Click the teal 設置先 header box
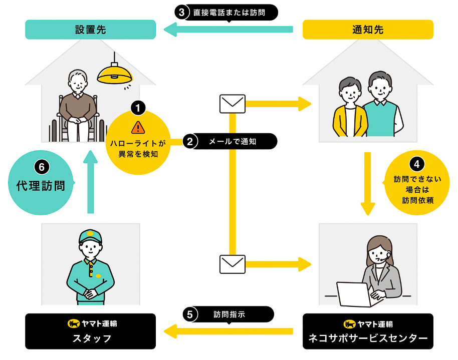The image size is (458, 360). [90, 30]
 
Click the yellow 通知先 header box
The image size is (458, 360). [368, 30]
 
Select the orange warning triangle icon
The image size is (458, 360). [138, 128]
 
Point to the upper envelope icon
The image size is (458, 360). [233, 104]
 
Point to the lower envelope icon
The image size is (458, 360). [233, 264]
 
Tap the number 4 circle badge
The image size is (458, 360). [414, 163]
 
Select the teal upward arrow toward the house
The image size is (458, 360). [90, 180]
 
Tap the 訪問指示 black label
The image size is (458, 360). [230, 314]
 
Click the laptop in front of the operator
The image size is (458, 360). [353, 295]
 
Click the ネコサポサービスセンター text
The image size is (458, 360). [368, 339]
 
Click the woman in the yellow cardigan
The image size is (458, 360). [349, 108]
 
